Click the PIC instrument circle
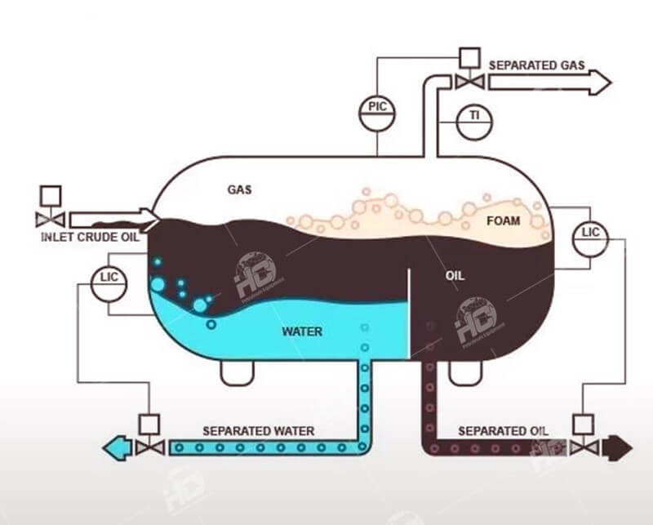[x=377, y=112]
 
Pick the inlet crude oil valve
[x=51, y=219]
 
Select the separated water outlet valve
[x=149, y=447]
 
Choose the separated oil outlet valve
[x=583, y=447]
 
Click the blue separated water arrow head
[x=113, y=447]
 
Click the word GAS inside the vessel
[x=239, y=189]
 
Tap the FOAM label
[x=504, y=220]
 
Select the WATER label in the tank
[x=302, y=331]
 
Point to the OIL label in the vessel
[x=455, y=276]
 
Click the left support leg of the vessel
[x=236, y=372]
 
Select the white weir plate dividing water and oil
[x=407, y=314]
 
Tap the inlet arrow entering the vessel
[x=114, y=219]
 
